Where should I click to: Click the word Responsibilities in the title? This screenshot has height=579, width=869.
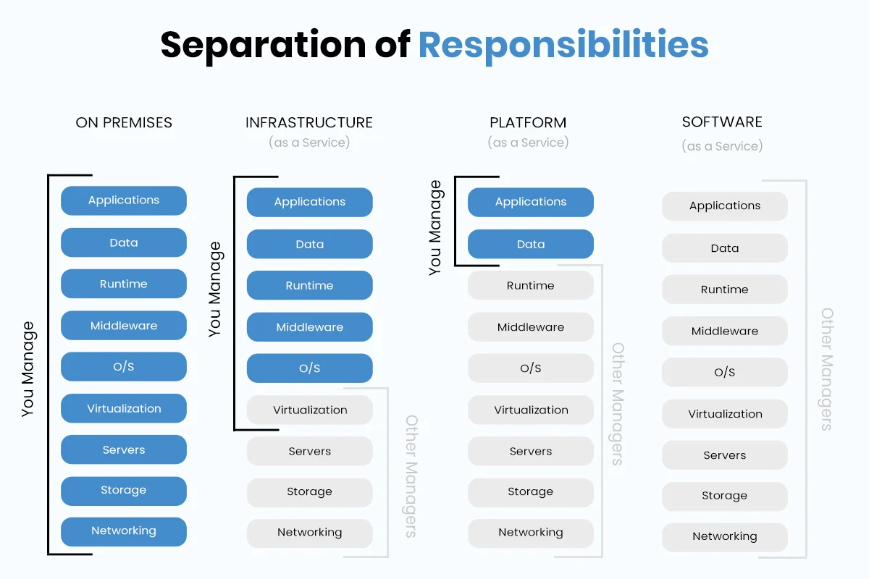[563, 45]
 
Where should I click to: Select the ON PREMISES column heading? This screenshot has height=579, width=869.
[124, 122]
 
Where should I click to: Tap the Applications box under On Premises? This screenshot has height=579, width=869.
[124, 200]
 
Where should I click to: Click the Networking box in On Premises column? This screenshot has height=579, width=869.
[124, 531]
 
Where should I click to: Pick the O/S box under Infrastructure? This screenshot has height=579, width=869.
[309, 368]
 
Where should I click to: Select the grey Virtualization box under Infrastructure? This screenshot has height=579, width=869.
[309, 410]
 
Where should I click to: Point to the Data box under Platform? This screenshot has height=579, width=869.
[530, 245]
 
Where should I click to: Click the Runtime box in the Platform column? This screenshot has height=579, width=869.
[530, 286]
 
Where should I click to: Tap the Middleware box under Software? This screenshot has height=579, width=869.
[724, 331]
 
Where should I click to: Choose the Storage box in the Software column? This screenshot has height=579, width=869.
[724, 496]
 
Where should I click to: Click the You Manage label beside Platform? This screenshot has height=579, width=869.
[434, 228]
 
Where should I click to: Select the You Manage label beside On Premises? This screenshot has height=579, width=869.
[28, 369]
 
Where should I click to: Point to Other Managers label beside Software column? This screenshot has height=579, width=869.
[826, 369]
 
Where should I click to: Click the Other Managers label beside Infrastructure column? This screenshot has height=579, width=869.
[411, 476]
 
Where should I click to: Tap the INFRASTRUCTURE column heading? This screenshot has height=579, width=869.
[309, 122]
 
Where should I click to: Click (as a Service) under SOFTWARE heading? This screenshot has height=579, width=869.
[722, 146]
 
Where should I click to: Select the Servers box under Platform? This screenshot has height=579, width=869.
[530, 452]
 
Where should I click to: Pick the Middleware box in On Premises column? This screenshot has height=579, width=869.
[124, 326]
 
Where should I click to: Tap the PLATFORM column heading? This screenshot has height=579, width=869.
[528, 122]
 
